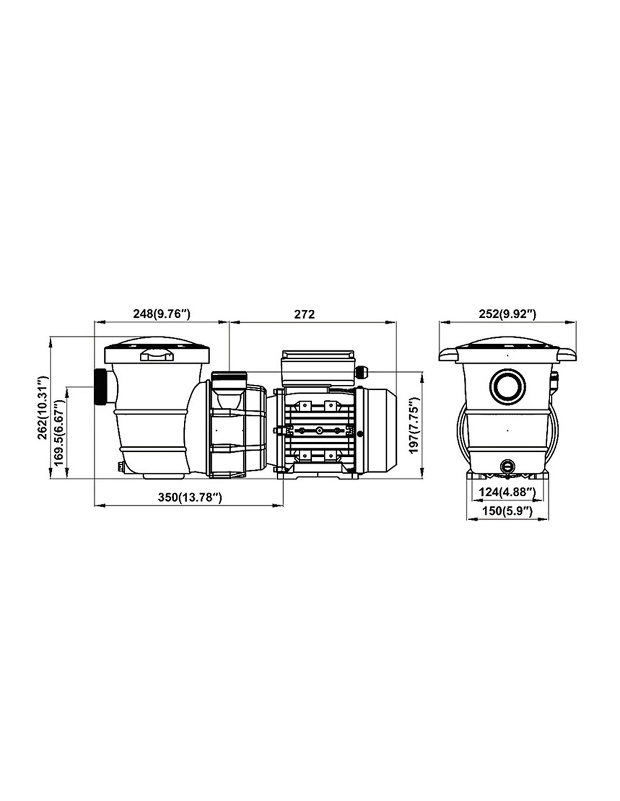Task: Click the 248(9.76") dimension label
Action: coord(161,314)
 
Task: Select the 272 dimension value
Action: coord(305,314)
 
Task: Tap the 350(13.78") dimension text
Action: coord(190,497)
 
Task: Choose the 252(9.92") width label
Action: coord(507,314)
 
